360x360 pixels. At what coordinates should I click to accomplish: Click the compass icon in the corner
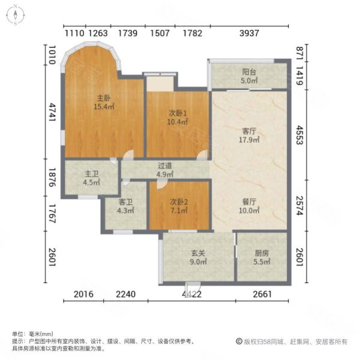coord(15,14)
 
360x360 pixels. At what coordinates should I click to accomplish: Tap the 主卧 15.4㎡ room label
coord(104,103)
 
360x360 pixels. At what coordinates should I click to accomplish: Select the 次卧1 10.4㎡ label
coord(178,118)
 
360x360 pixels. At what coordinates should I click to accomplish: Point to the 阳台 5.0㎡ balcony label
coord(249,76)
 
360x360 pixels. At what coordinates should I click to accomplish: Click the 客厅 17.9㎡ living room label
coord(249,136)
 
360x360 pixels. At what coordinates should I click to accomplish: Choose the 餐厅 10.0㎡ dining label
coord(249,206)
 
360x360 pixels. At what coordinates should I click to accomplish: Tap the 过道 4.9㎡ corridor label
coord(165,170)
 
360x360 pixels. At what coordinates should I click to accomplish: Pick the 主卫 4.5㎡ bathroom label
coord(91,178)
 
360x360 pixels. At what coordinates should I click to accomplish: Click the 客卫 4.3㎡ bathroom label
coord(125,206)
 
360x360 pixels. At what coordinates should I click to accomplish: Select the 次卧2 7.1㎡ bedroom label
coord(179,206)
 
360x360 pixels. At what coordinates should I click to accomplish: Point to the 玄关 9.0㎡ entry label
coord(198,257)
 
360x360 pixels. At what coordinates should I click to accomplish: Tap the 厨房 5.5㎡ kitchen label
coord(262,257)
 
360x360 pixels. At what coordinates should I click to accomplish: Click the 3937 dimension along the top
coord(249,33)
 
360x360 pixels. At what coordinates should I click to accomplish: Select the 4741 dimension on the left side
coord(53,113)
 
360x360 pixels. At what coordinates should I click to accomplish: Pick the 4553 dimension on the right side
coord(299,135)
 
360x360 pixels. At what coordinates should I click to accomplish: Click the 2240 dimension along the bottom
coord(125,294)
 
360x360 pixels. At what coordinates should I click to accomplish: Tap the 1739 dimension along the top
coord(128,33)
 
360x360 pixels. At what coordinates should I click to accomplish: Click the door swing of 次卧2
coord(163,184)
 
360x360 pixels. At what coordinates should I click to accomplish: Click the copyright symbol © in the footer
coord(239,341)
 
